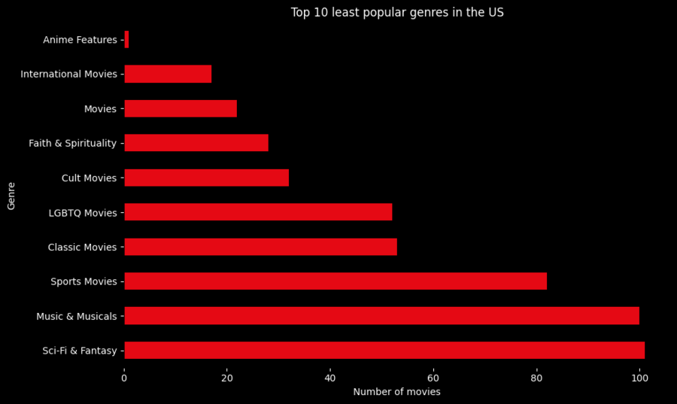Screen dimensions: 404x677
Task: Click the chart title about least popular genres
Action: tap(397, 13)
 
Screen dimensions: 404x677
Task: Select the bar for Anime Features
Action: tap(126, 39)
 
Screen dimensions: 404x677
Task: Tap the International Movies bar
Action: tap(168, 74)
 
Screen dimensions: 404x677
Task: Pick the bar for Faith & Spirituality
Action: tap(196, 143)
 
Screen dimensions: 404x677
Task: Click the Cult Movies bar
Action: tap(206, 178)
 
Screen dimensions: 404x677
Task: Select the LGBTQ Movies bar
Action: tap(258, 212)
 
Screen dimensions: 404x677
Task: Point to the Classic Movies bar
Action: tap(260, 247)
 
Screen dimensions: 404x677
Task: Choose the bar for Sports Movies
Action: tap(335, 281)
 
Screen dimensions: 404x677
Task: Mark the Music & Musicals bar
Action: tap(381, 316)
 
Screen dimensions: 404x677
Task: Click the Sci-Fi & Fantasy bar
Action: tap(384, 351)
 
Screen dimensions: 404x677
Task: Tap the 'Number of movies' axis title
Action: tap(396, 392)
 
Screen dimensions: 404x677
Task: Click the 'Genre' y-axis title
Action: tap(11, 196)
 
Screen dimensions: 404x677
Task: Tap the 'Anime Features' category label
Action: tap(80, 40)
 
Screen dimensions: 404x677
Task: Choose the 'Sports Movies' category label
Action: tap(83, 282)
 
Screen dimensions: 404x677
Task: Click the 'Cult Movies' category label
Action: tap(89, 178)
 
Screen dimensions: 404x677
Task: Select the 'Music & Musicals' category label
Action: tap(76, 317)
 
